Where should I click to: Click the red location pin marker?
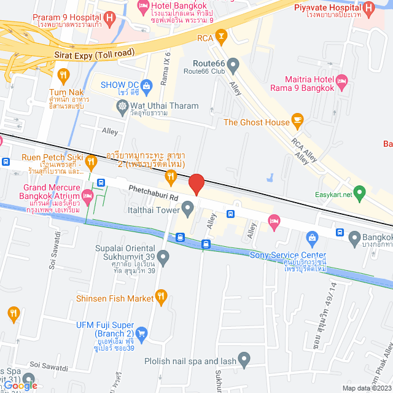coord(196,184)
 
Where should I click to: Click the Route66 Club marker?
coord(233,64)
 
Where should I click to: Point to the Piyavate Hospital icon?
coord(368,9)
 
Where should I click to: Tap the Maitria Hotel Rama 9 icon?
coord(342,80)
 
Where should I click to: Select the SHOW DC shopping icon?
coord(146,85)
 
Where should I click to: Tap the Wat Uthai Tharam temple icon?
coord(122,106)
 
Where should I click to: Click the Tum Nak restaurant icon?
coord(63,75)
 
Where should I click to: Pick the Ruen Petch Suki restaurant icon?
coord(91,161)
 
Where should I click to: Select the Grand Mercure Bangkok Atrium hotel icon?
coord(87,196)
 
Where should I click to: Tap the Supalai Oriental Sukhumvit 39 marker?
coord(163,255)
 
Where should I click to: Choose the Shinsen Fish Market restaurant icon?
coord(161,298)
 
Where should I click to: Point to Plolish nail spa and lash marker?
coord(244,358)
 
